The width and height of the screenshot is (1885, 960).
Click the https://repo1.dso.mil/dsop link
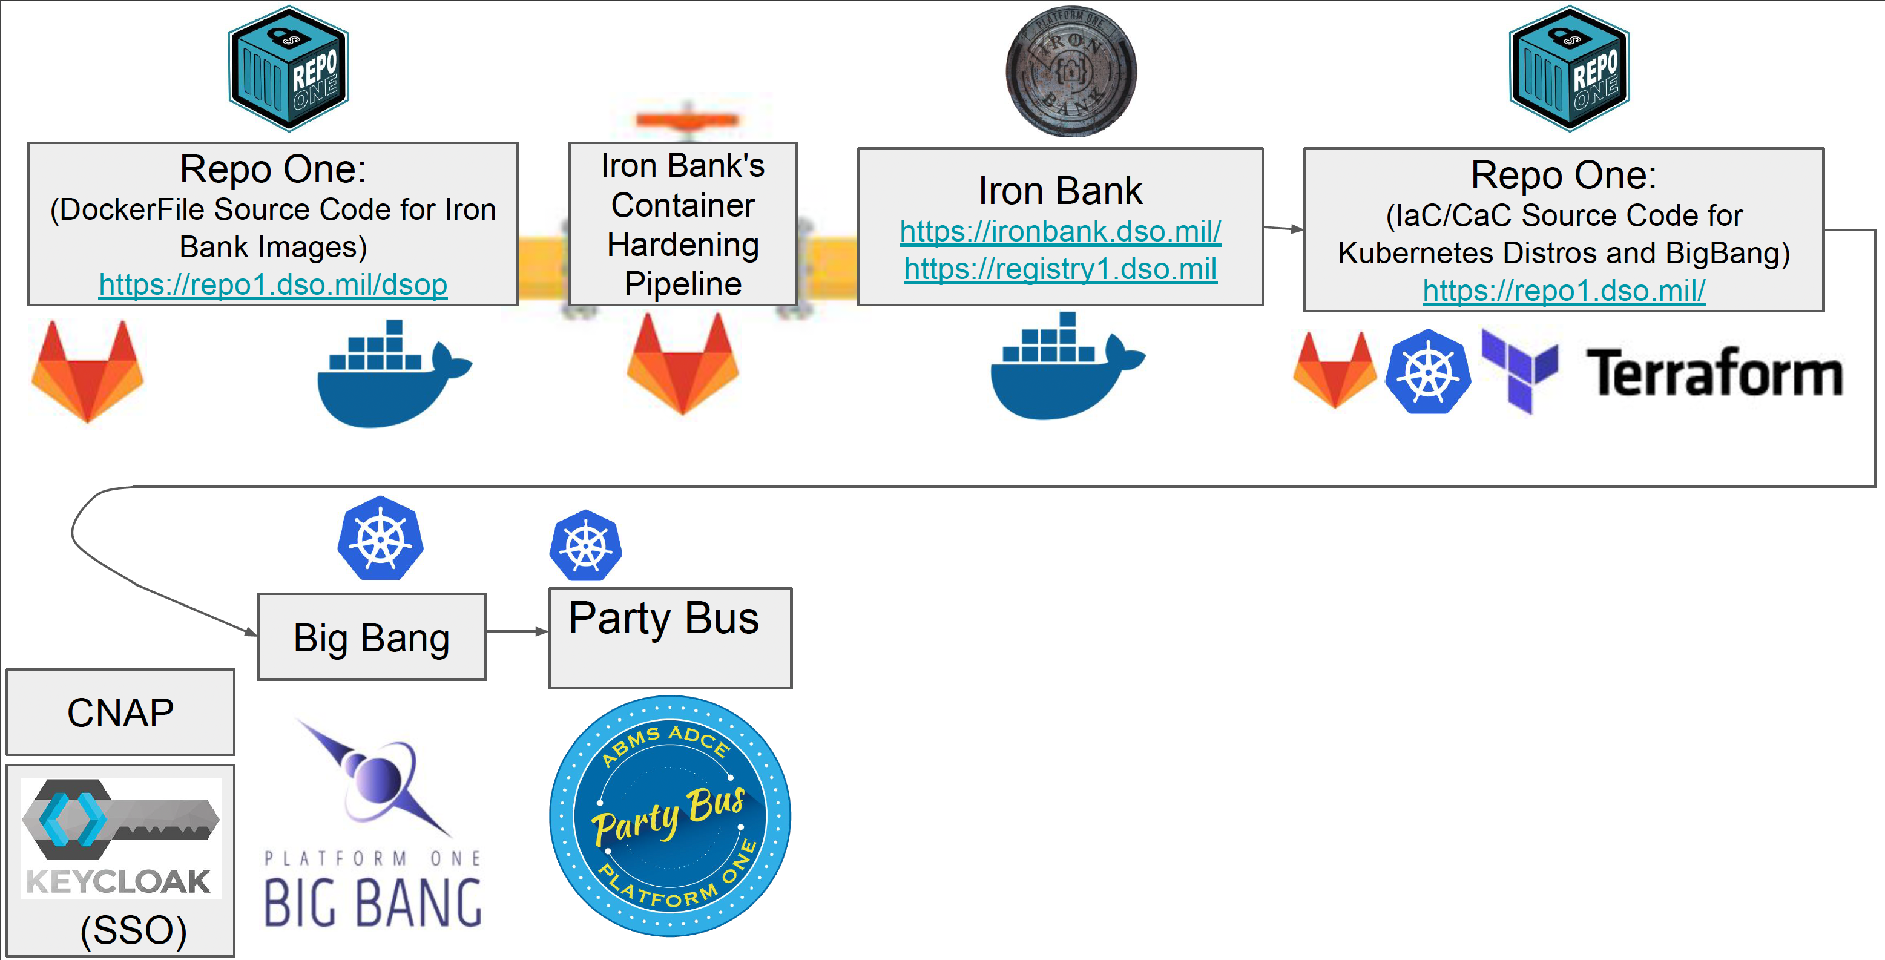tap(273, 284)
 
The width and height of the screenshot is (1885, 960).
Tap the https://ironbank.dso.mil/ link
tap(1061, 231)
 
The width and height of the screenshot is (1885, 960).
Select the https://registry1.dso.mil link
tap(1061, 269)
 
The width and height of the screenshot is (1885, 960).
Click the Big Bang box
tap(372, 637)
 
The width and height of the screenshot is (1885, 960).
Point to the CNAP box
tap(120, 712)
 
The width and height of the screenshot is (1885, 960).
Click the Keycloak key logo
tap(120, 820)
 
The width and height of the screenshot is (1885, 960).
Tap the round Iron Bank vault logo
tap(1071, 71)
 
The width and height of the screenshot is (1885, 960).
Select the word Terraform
tap(1714, 373)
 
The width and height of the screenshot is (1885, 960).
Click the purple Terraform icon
tap(1519, 369)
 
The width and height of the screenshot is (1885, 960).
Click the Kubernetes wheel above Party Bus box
tap(585, 546)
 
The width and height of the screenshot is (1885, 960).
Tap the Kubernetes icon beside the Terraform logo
tap(1427, 372)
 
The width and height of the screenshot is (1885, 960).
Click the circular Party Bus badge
tap(669, 816)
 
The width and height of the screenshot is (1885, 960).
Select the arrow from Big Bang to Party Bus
tap(516, 631)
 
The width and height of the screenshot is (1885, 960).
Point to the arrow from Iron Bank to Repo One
tap(1283, 229)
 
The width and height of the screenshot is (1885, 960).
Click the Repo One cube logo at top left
tap(288, 69)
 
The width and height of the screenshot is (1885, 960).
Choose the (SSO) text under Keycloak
tap(133, 930)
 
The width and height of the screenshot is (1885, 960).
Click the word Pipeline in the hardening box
tap(683, 284)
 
